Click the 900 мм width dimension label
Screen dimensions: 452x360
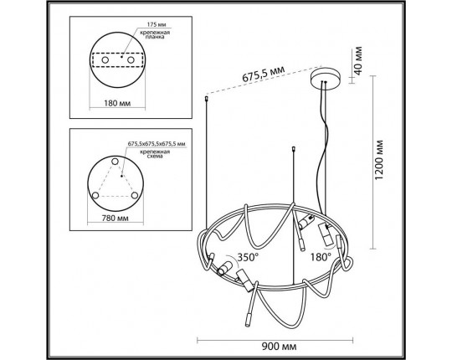point(279,346)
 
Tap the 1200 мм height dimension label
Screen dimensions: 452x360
point(379,160)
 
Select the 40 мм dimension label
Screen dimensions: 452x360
point(357,61)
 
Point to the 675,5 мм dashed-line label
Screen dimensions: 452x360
point(263,75)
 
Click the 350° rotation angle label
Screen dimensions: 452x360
point(248,257)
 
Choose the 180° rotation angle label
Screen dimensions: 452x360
point(321,257)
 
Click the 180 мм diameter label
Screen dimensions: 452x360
point(117,103)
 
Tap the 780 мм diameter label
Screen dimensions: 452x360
point(115,218)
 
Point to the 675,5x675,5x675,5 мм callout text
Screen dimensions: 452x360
point(157,144)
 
